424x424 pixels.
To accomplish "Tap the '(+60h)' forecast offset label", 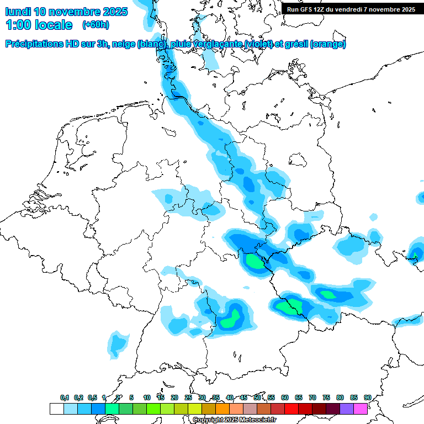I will click(x=96, y=25).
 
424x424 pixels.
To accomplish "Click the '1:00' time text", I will click(x=20, y=25).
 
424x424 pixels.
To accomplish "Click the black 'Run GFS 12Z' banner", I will click(x=351, y=9).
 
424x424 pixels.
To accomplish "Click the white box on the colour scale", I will click(x=57, y=409).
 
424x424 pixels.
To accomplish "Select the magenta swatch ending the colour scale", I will click(x=361, y=409).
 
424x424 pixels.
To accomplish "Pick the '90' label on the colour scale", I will click(x=368, y=397).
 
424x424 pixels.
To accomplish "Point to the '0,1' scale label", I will click(x=65, y=397).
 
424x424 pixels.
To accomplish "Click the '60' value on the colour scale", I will click(x=285, y=397).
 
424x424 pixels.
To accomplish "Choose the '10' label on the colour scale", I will click(x=147, y=397).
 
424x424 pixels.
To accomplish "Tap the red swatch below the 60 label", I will click(x=291, y=409).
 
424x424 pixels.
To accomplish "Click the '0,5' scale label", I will click(x=92, y=397).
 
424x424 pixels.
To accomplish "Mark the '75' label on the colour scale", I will click(x=326, y=397).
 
